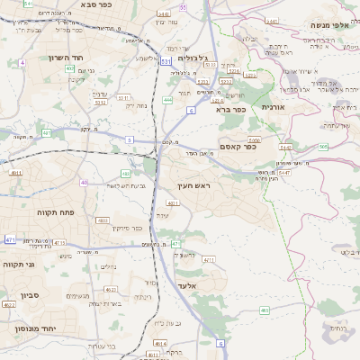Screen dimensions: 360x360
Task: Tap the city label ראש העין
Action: pos(193,184)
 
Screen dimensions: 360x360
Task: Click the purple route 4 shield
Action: pos(21,63)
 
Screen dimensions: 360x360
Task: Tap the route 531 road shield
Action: pos(166,61)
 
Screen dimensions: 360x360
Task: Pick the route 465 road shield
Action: pos(264,310)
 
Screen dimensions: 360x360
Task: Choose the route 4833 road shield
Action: pos(103,220)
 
